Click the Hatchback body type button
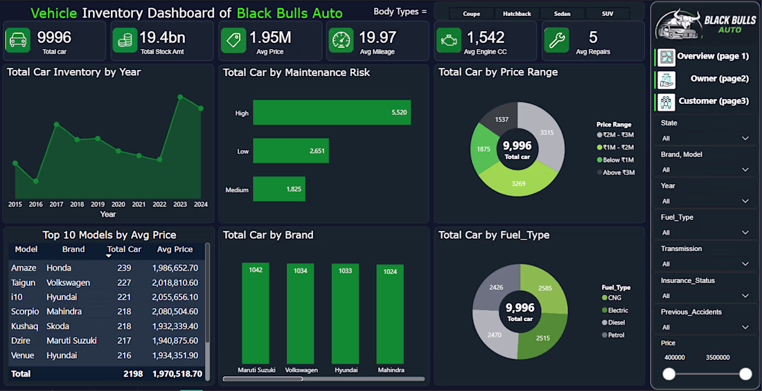click(517, 14)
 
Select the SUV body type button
click(608, 14)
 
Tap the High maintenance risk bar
click(332, 113)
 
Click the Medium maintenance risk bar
click(279, 189)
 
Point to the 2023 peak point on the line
click(180, 97)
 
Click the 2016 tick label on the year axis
click(35, 204)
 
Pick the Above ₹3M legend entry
click(616, 172)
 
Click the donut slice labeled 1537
click(501, 121)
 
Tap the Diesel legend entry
click(613, 322)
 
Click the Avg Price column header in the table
click(175, 249)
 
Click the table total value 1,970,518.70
click(177, 374)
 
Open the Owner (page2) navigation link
click(719, 78)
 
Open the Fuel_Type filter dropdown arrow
click(745, 233)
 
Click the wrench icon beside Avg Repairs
click(556, 40)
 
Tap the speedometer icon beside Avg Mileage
click(341, 40)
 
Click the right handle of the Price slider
click(745, 374)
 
